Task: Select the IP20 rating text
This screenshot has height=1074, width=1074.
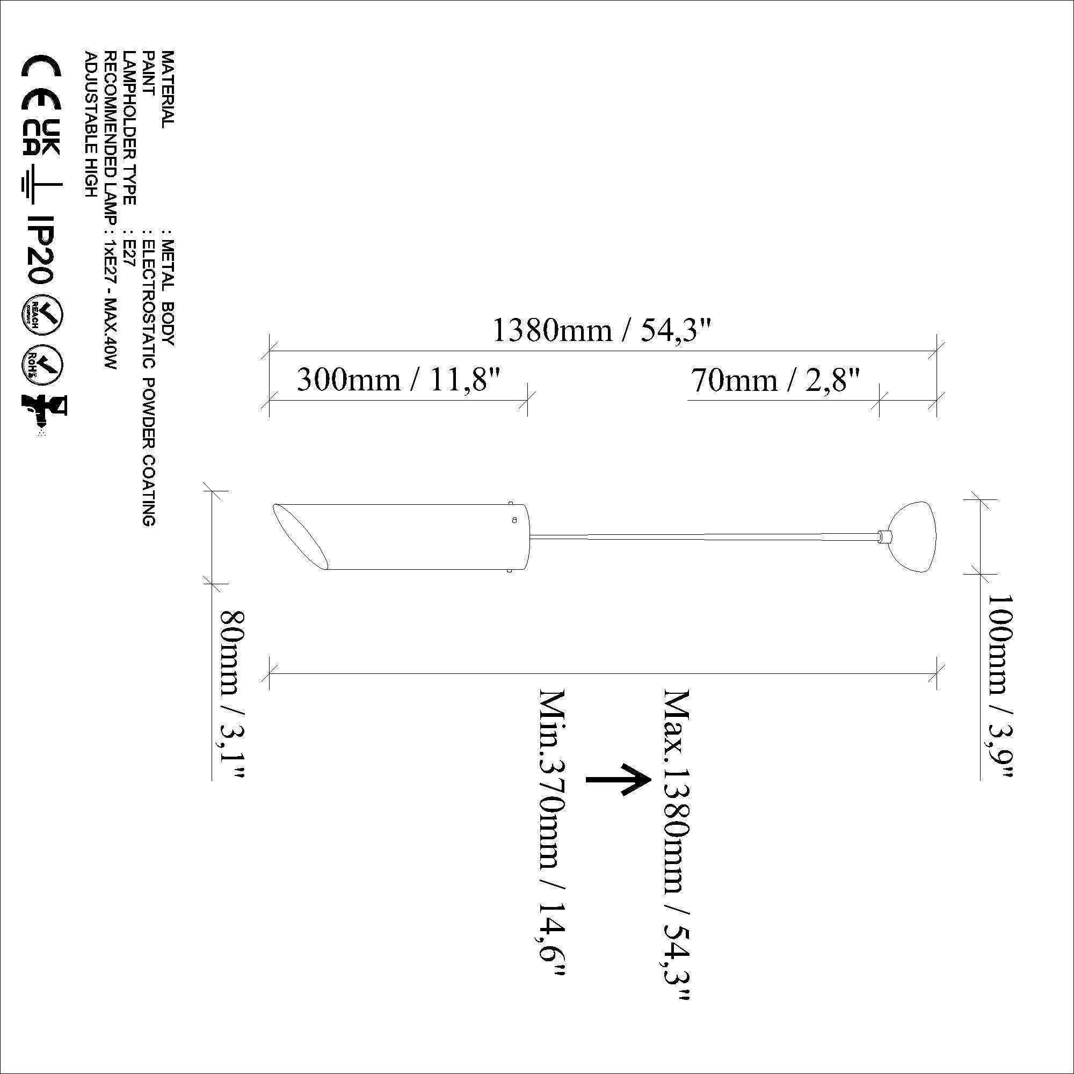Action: [41, 250]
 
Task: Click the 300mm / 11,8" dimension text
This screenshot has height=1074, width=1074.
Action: [399, 381]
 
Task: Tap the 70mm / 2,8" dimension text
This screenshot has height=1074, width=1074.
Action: [775, 381]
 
